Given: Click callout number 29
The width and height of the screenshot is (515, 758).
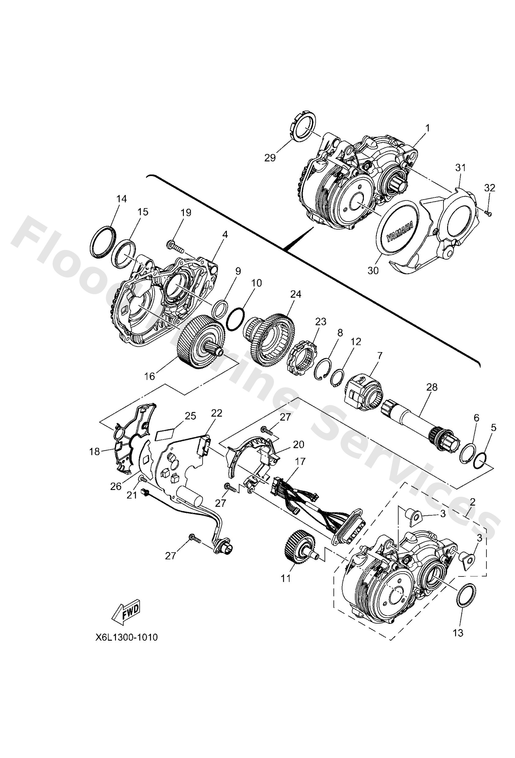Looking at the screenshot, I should (x=270, y=158).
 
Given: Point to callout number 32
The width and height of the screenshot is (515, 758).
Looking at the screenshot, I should (x=489, y=188).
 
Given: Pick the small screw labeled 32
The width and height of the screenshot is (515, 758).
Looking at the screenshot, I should (x=489, y=213).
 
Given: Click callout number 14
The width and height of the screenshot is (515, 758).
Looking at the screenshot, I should (x=121, y=199).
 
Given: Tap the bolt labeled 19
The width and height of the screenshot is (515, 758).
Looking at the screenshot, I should (x=175, y=245).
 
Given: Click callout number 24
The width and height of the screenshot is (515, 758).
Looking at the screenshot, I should (x=295, y=294).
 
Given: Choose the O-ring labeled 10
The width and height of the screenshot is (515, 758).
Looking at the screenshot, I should (x=235, y=319).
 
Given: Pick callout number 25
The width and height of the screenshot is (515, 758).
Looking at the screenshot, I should (x=191, y=416).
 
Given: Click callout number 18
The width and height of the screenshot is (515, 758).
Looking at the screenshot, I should (x=95, y=452).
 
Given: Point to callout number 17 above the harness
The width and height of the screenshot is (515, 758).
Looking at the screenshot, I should (x=300, y=462).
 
